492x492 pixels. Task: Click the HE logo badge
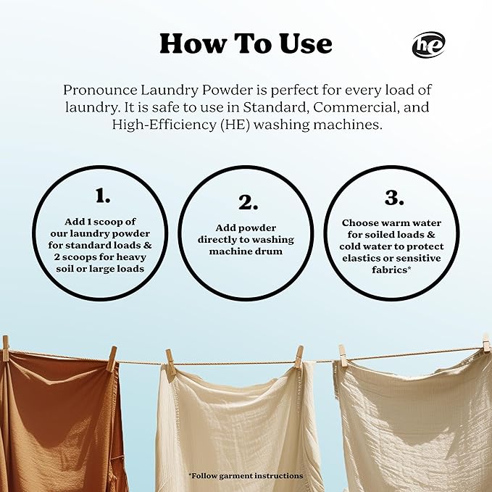pyautogui.click(x=428, y=45)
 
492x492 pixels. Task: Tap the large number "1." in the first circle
pyautogui.click(x=103, y=195)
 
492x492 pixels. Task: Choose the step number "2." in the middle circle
pyautogui.click(x=246, y=201)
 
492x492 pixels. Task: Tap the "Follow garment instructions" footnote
pyautogui.click(x=246, y=475)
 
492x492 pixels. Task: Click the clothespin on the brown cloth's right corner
pyautogui.click(x=112, y=357)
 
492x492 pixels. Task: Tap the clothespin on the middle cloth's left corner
pyautogui.click(x=170, y=361)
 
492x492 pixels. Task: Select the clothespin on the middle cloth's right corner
pyautogui.click(x=299, y=357)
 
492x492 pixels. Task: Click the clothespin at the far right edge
pyautogui.click(x=485, y=343)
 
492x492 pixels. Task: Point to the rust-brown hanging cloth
pyautogui.click(x=58, y=420)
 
